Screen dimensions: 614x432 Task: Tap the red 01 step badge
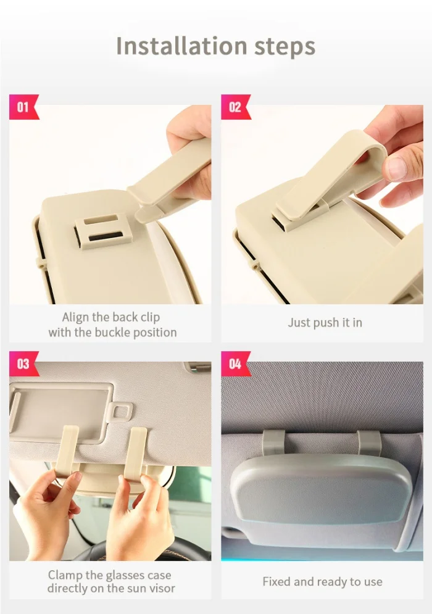point(23,107)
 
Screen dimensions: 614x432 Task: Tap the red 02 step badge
point(235,107)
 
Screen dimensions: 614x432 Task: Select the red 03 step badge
point(23,363)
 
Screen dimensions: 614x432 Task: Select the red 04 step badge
point(235,363)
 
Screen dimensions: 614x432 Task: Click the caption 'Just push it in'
point(325,323)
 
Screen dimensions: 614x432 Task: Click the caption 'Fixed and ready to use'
point(322,581)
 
